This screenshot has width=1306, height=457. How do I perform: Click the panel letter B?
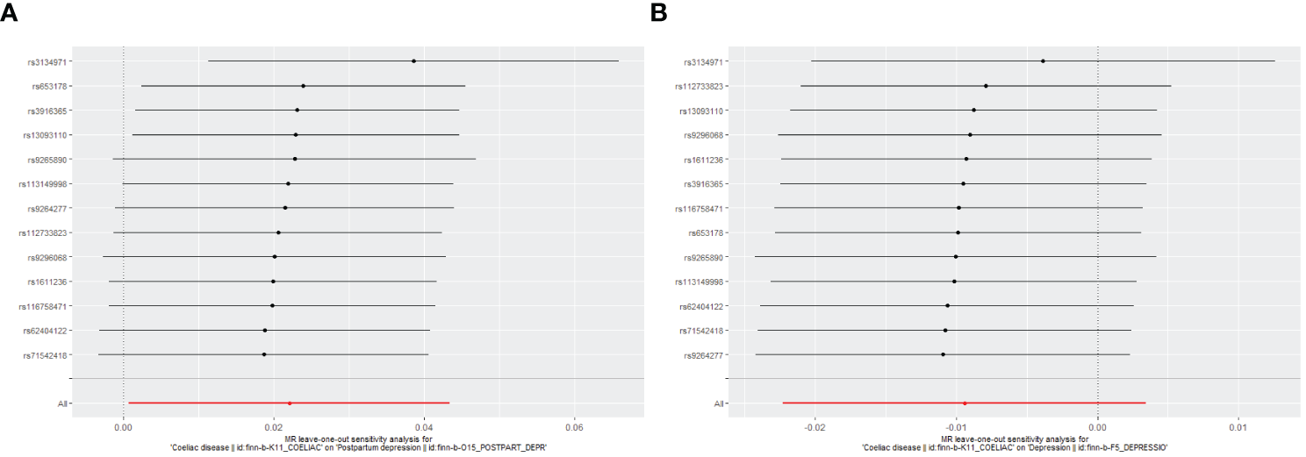pos(658,12)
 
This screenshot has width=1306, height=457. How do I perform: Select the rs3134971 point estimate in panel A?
pos(413,61)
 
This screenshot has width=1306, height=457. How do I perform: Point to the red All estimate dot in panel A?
pos(290,403)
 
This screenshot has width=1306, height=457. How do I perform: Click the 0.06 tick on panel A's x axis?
pos(574,426)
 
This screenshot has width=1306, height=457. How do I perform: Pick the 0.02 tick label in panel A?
pos(273,426)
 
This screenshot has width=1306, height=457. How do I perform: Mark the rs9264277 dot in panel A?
pos(285,208)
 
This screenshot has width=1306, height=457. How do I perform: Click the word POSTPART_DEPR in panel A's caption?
pos(511,448)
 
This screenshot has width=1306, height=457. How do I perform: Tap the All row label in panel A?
pos(63,403)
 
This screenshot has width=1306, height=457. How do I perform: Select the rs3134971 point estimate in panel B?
pos(1043,61)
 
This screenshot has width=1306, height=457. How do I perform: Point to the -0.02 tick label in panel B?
pos(815,426)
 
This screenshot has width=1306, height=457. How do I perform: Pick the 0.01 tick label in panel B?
pos(1238,426)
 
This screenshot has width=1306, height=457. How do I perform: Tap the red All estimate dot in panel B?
pos(965,403)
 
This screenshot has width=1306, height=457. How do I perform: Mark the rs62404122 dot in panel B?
pos(948,306)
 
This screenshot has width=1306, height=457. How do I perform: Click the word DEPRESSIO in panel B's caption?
pos(1144,448)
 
